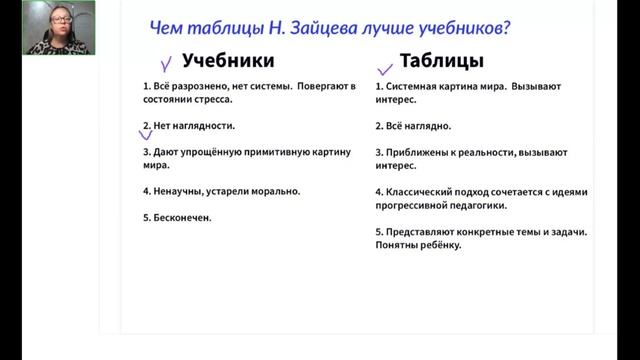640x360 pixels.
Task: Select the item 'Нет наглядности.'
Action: [x=193, y=126]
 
